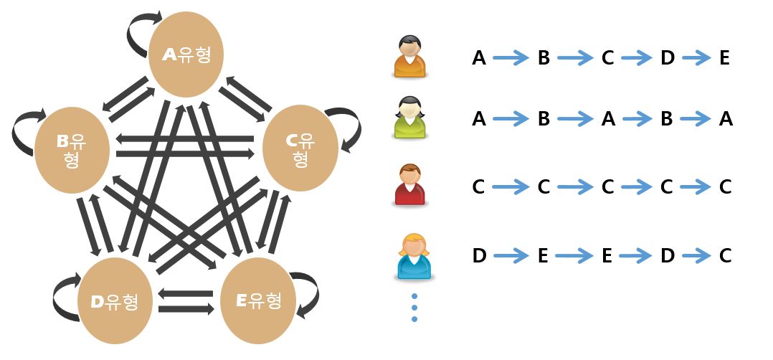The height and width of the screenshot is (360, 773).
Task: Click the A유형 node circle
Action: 186,55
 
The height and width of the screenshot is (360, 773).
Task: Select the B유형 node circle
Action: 72,150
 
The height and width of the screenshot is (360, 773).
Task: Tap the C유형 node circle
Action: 300,148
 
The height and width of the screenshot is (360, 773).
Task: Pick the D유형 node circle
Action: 115,300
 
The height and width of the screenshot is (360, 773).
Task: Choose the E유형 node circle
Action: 258,300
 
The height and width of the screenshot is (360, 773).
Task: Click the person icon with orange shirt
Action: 409,56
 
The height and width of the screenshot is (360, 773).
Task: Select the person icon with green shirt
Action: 409,118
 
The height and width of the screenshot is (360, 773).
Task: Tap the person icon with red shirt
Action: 409,186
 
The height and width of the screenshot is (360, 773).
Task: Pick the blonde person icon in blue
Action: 414,257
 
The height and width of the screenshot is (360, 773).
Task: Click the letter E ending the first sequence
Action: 724,58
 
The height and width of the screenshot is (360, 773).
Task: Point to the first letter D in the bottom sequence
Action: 479,256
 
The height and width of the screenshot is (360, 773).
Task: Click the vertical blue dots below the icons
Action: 414,308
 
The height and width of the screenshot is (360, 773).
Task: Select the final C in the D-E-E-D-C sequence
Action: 725,256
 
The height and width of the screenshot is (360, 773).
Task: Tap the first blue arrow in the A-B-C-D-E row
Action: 511,58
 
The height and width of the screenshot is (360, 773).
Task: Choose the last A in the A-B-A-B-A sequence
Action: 726,119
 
